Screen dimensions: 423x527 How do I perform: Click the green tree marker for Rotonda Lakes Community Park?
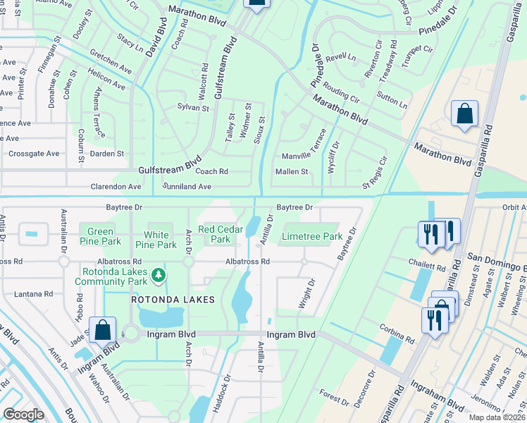click(160, 274)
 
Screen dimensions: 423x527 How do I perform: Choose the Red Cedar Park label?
click(215, 234)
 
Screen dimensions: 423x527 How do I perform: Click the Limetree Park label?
click(311, 237)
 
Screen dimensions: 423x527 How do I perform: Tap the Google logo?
click(23, 415)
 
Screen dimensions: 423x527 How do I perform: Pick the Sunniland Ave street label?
click(187, 187)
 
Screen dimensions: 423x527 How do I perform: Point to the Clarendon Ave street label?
click(116, 187)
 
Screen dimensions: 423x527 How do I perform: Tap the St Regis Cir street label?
click(375, 176)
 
